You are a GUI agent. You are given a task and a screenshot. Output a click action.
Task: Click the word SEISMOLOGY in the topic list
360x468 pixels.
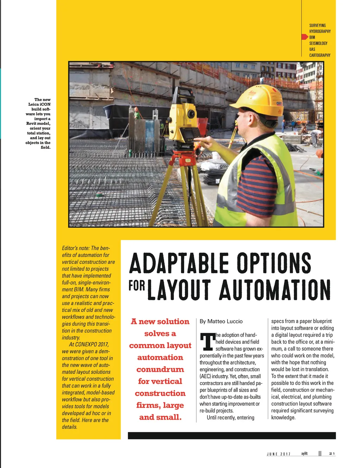point(318,43)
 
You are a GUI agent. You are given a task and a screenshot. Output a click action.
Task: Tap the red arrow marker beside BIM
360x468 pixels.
point(304,37)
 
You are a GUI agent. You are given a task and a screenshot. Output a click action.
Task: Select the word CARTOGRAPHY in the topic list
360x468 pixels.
point(320,55)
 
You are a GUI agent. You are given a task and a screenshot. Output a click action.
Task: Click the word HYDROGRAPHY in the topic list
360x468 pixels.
point(320,31)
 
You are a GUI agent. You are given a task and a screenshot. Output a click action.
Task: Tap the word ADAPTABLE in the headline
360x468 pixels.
point(179,263)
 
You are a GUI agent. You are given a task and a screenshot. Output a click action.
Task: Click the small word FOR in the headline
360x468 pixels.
point(136,285)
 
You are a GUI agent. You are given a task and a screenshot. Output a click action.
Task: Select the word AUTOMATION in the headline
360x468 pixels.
point(275,290)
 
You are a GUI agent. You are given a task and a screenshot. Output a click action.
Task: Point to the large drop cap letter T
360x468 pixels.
point(207,342)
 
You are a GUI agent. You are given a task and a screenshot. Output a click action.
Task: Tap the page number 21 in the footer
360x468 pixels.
point(332,454)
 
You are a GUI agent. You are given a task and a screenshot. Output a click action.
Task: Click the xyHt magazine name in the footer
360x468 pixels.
point(304,454)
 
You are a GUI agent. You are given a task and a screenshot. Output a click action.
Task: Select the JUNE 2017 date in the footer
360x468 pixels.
point(278,454)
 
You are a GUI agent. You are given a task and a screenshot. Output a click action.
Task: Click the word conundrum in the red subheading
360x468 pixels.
point(160,369)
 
